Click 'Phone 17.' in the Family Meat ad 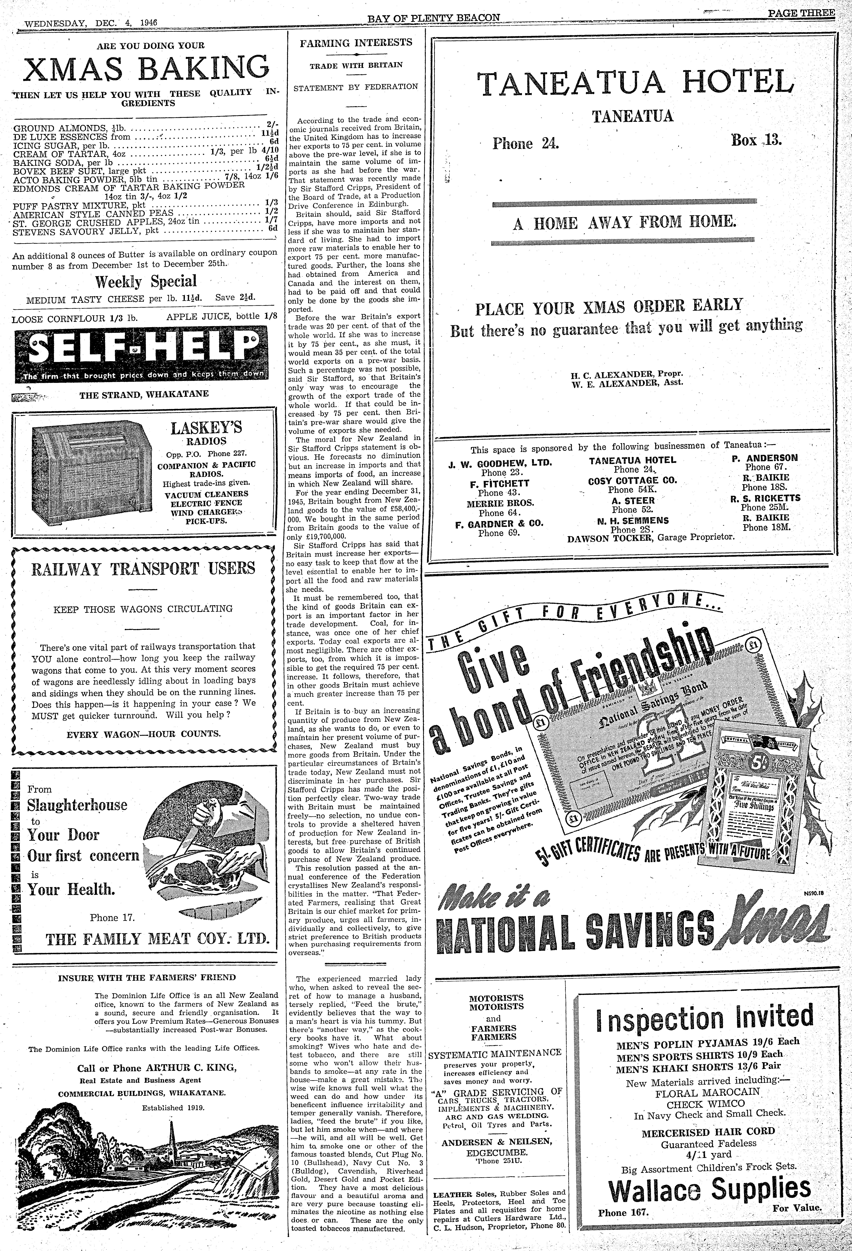[x=112, y=918]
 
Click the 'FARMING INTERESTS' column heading [x=355, y=43]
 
